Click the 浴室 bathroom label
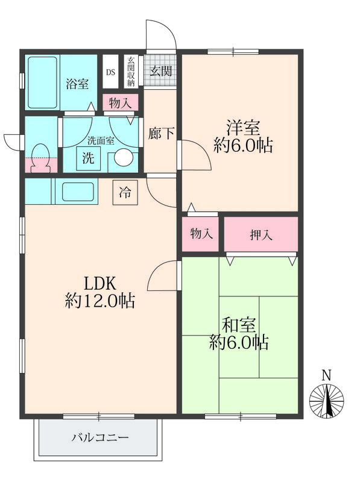pyautogui.click(x=77, y=84)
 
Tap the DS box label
pyautogui.click(x=110, y=72)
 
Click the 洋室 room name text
pyautogui.click(x=243, y=128)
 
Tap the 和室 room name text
pyautogui.click(x=239, y=325)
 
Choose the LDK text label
pyautogui.click(x=99, y=283)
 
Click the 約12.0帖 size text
pyautogui.click(x=99, y=301)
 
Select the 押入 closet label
pyautogui.click(x=261, y=234)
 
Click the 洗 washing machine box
pyautogui.click(x=87, y=159)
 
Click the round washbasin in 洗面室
pyautogui.click(x=124, y=158)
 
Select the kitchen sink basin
pyautogui.click(x=78, y=191)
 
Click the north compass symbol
pyautogui.click(x=326, y=399)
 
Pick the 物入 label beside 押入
pyautogui.click(x=201, y=234)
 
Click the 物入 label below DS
pyautogui.click(x=121, y=102)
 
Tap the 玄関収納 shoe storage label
pyautogui.click(x=130, y=72)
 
